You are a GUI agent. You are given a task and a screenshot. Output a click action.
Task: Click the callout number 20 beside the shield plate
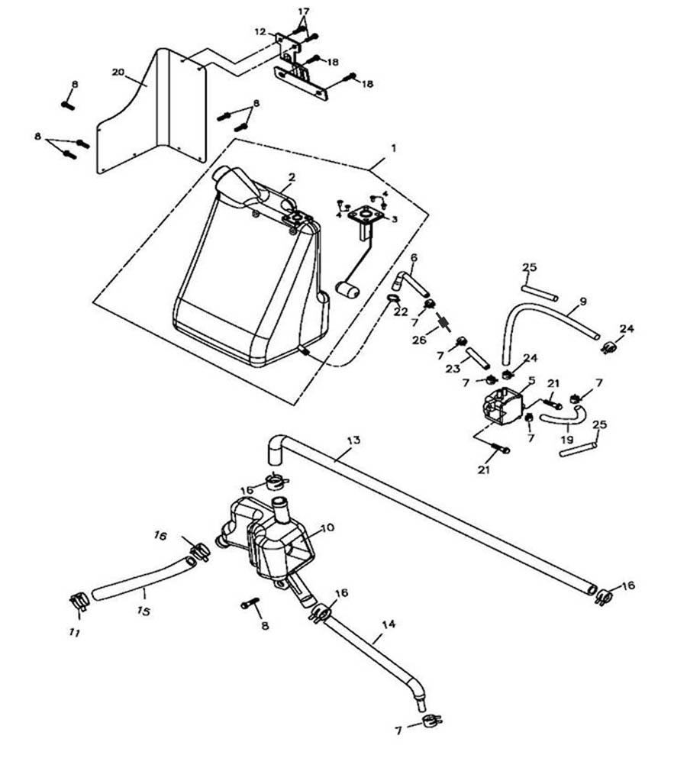pos(118,72)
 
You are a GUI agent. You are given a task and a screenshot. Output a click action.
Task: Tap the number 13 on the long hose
pos(353,440)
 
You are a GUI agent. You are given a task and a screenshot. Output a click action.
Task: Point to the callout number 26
pos(418,340)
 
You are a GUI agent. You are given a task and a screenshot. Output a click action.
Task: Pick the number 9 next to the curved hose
pos(582,302)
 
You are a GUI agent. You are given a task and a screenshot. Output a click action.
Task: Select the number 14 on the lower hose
pos(389,624)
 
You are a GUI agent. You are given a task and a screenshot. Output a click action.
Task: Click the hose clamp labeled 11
pos(78,602)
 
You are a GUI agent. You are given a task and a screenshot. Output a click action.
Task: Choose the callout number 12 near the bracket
pos(260,32)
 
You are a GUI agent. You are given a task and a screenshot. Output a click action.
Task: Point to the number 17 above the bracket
pos(304,11)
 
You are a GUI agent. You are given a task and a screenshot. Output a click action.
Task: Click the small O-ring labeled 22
pos(392,298)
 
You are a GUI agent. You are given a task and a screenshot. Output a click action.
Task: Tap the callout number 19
pos(566,440)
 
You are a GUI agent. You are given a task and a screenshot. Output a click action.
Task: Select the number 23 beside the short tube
pos(452,368)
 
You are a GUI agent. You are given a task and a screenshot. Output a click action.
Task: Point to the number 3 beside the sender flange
pos(395,218)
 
